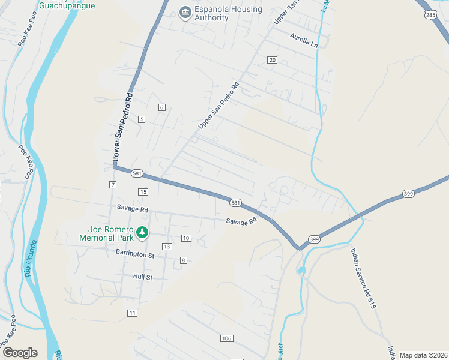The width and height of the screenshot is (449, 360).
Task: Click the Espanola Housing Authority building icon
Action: pyautogui.click(x=185, y=12)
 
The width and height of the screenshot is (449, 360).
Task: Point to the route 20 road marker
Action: pyautogui.click(x=273, y=60)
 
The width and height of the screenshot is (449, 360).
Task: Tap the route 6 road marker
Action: pyautogui.click(x=161, y=107)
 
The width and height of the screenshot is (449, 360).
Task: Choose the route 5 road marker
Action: pyautogui.click(x=142, y=119)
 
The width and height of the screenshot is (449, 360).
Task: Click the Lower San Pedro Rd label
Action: pyautogui.click(x=122, y=128)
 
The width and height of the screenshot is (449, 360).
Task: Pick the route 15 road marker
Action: pyautogui.click(x=142, y=192)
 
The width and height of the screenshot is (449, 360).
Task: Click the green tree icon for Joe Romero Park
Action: pyautogui.click(x=142, y=232)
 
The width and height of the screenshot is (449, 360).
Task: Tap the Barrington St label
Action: pyautogui.click(x=135, y=255)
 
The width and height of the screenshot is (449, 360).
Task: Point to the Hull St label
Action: pyautogui.click(x=143, y=277)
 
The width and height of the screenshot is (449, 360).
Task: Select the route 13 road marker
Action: pyautogui.click(x=167, y=247)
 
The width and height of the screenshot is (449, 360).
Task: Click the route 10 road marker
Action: pyautogui.click(x=186, y=238)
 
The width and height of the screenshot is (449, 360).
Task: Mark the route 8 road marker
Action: pyautogui.click(x=183, y=260)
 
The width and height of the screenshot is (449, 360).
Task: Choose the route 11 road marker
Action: pyautogui.click(x=133, y=313)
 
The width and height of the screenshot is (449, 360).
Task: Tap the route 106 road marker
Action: pyautogui.click(x=226, y=339)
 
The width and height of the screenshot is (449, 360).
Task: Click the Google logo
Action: pyautogui.click(x=20, y=353)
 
